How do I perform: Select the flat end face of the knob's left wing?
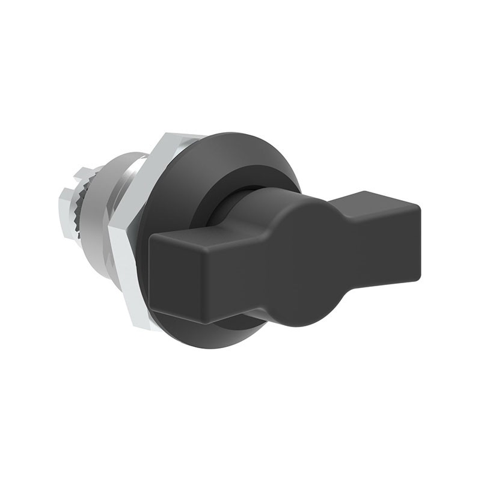click(x=180, y=271)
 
